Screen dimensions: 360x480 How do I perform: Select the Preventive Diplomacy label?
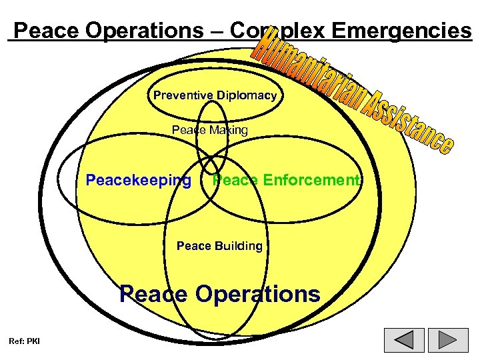(x=215, y=95)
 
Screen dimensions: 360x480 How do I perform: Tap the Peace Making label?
(x=209, y=130)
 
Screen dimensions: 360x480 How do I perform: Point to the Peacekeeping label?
(x=139, y=180)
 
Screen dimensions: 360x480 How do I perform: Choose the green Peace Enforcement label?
(x=286, y=180)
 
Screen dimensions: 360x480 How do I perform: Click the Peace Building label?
(x=219, y=246)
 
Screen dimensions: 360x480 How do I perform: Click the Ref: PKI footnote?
(x=24, y=341)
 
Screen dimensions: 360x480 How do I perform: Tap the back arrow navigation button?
(x=405, y=340)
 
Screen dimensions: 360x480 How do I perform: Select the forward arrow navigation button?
(x=449, y=340)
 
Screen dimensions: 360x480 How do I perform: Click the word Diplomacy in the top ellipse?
(x=246, y=95)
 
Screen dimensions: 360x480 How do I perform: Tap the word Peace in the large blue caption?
(x=153, y=294)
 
